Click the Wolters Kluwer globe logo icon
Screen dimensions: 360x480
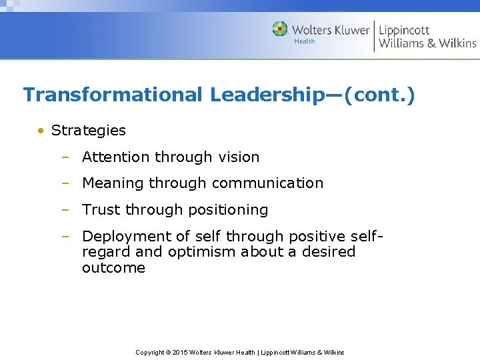pyautogui.click(x=280, y=29)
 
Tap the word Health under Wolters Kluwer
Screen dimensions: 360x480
pyautogui.click(x=304, y=41)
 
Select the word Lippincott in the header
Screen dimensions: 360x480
pyautogui.click(x=404, y=30)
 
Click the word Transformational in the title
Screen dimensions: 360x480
pyautogui.click(x=113, y=95)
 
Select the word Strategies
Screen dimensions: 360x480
pyautogui.click(x=88, y=131)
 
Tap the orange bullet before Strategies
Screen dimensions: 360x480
pyautogui.click(x=41, y=131)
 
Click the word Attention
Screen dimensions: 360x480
pyautogui.click(x=116, y=157)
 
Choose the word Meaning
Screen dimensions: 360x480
pyautogui.click(x=113, y=183)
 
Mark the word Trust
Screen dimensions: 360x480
pyautogui.click(x=101, y=210)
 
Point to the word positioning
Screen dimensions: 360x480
pyautogui.click(x=231, y=210)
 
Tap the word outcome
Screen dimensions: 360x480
pyautogui.click(x=113, y=268)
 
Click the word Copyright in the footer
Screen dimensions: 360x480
pyautogui.click(x=150, y=352)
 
